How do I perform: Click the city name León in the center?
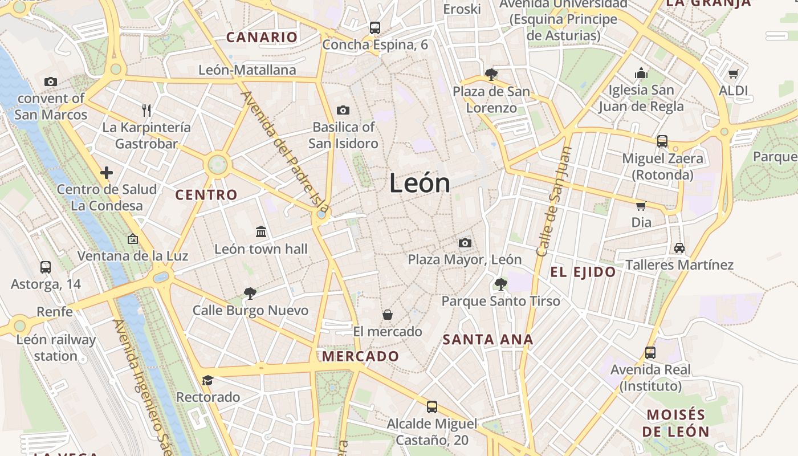pyautogui.click(x=420, y=183)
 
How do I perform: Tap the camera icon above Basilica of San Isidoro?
pyautogui.click(x=343, y=110)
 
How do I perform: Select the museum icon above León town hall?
pyautogui.click(x=261, y=231)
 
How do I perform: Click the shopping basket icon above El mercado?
pyautogui.click(x=388, y=314)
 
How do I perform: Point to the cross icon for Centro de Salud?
pyautogui.click(x=107, y=172)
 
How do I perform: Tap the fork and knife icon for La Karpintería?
pyautogui.click(x=147, y=110)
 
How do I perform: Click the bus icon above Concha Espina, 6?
pyautogui.click(x=375, y=27)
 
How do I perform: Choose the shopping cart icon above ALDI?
pyautogui.click(x=733, y=74)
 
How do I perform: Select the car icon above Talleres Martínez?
pyautogui.click(x=679, y=247)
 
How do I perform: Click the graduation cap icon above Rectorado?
pyautogui.click(x=207, y=380)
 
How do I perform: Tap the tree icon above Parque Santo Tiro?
pyautogui.click(x=501, y=284)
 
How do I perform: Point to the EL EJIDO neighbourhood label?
pyautogui.click(x=583, y=272)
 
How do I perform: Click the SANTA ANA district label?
pyautogui.click(x=488, y=340)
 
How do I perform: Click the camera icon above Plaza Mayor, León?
pyautogui.click(x=465, y=243)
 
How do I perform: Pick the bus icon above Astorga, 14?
pyautogui.click(x=46, y=267)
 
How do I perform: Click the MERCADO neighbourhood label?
pyautogui.click(x=361, y=356)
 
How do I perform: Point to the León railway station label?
pyautogui.click(x=55, y=348)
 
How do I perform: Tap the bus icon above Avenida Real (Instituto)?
pyautogui.click(x=650, y=353)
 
